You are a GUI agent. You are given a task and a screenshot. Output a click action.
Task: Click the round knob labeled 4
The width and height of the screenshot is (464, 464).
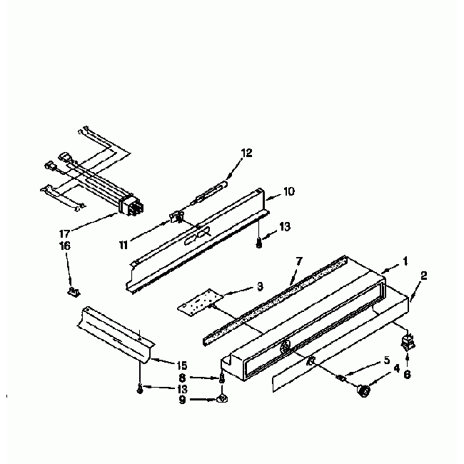point(365,389)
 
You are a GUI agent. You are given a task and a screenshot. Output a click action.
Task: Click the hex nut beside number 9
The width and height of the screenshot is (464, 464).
point(222,398)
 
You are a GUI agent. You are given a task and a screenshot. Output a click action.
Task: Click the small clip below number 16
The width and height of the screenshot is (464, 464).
point(72,291)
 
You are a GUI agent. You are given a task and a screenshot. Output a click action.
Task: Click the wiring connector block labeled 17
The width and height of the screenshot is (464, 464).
point(130,206)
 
